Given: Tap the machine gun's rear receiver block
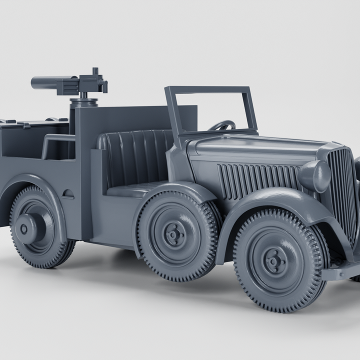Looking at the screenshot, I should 92,82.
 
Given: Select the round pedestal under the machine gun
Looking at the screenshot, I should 83,102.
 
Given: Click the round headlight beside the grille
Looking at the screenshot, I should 315,176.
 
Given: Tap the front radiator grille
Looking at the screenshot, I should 342,190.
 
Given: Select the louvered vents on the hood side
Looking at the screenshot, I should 257,180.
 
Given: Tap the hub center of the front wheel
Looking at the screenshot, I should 275,260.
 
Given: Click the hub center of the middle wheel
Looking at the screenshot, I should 174,234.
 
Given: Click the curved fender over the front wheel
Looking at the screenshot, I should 280,200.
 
